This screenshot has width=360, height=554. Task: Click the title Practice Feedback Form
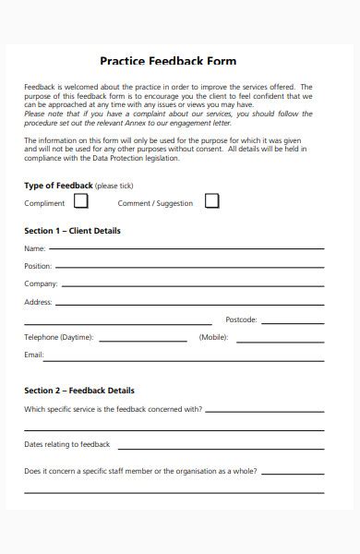[x=168, y=61]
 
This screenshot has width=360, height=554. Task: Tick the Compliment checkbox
[x=81, y=201]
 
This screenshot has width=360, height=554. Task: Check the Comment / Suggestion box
[x=211, y=201]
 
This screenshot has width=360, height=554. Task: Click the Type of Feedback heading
[x=57, y=186]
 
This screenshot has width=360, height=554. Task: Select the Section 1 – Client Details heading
[x=72, y=231]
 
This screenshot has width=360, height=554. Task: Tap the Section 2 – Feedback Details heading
[x=79, y=391]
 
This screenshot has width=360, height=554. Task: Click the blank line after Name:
[x=186, y=249]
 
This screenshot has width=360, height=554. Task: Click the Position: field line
[x=189, y=267]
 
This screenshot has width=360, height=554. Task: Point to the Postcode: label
[x=241, y=319]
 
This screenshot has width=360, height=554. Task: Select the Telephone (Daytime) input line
[x=142, y=339]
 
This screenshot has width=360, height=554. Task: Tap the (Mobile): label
[x=214, y=337]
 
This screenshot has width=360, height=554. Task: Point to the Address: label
[x=38, y=302]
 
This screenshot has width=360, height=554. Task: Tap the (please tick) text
[x=113, y=186]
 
